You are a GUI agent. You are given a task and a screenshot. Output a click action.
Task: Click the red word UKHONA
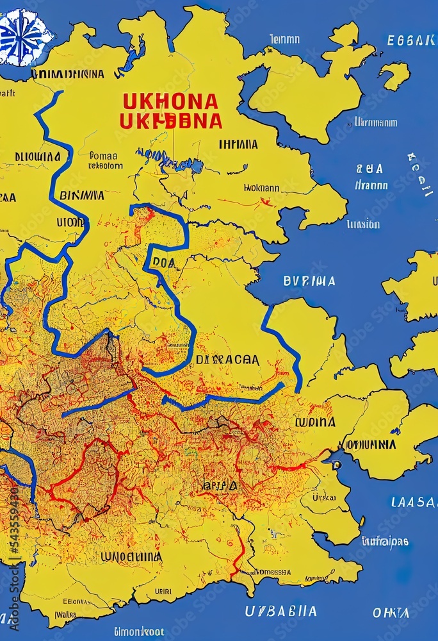pos(170,101)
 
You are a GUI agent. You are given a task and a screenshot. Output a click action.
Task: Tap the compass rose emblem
pos(24,37)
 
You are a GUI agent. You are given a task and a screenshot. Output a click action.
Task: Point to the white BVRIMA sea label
pos(309,281)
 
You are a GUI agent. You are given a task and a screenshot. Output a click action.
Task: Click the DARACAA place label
pos(227,360)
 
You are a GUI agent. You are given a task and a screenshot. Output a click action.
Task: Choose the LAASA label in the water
pos(413,502)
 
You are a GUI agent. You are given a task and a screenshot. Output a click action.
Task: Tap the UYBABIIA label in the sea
pos(280,611)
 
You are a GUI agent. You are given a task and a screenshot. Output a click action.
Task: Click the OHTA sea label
pos(391,613)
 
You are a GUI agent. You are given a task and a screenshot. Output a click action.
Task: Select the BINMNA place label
pos(81,195)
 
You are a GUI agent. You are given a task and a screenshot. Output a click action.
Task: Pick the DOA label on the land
pos(163,262)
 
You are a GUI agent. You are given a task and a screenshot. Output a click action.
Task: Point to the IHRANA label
pos(238,144)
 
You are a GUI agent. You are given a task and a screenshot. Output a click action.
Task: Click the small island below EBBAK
pos(395,75)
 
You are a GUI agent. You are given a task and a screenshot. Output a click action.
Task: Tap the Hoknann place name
pos(261,188)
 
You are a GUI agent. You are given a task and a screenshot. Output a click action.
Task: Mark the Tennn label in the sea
pos(284,39)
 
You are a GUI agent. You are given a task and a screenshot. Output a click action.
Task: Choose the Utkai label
pos(323,497)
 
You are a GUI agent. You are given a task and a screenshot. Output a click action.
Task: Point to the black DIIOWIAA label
pos(37,156)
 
